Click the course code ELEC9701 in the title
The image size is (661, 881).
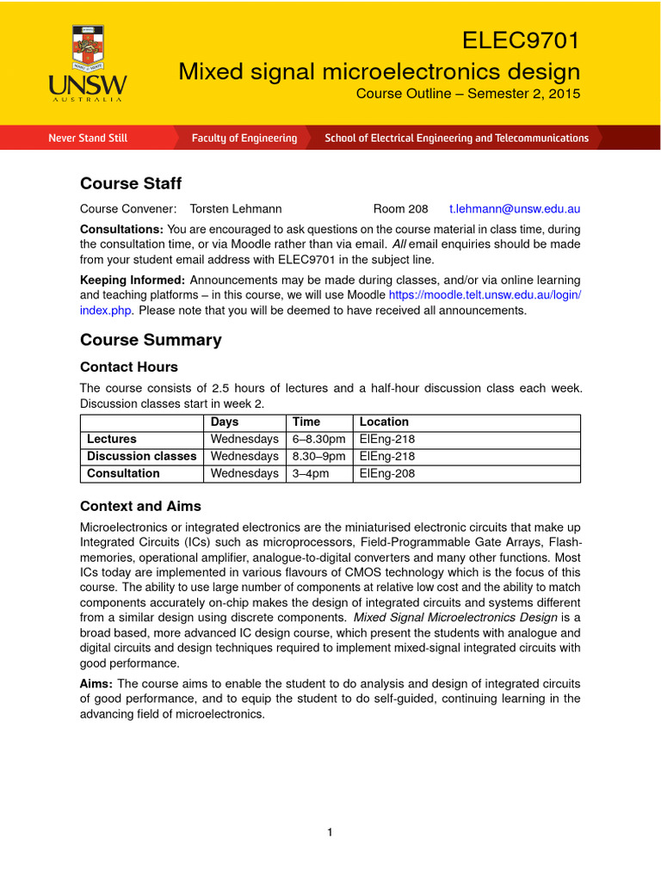pos(521,40)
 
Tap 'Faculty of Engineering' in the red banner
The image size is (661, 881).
pos(244,138)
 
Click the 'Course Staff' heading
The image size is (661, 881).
pos(131,183)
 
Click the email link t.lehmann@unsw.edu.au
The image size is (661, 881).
pos(515,209)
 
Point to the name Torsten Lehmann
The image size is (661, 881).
pos(235,209)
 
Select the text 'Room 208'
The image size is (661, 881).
pos(400,209)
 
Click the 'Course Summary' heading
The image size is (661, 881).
pos(151,340)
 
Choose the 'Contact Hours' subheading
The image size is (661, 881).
pos(129,367)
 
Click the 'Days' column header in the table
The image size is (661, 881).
pos(225,422)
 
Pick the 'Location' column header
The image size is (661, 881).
pos(384,422)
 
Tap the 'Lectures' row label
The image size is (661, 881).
pos(112,440)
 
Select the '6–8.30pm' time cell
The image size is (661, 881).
pos(318,440)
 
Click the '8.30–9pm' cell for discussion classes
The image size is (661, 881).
pos(318,457)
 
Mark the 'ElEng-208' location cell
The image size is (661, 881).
pos(386,474)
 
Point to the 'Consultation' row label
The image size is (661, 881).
pos(123,474)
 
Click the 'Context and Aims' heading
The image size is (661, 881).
pos(140,506)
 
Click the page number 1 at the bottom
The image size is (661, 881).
pos(330,832)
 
